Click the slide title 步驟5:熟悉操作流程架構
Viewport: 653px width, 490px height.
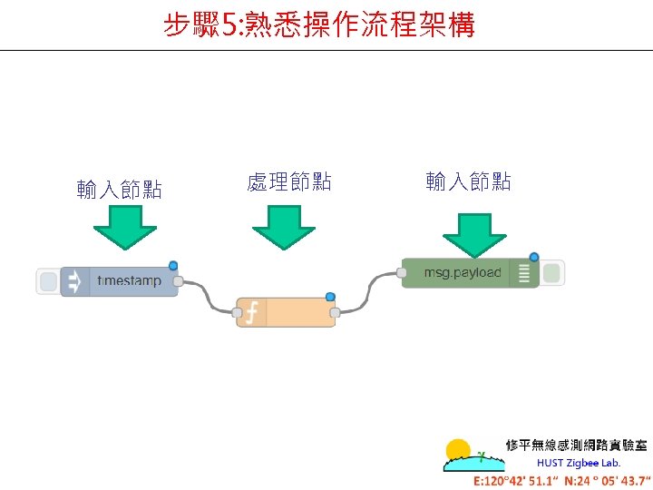(x=318, y=24)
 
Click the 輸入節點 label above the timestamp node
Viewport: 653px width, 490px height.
(x=120, y=189)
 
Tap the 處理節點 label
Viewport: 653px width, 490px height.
(x=289, y=181)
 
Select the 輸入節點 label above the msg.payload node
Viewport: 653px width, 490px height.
(x=469, y=181)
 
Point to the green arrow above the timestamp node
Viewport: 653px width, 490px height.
(x=125, y=227)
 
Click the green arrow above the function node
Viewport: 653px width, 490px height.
(x=283, y=227)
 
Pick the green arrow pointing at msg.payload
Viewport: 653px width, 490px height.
(x=474, y=234)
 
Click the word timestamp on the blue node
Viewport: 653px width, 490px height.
(x=129, y=281)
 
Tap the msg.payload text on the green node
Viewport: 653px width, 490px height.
(x=462, y=272)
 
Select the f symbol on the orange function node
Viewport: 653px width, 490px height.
(x=251, y=313)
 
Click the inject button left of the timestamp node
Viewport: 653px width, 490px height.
(x=48, y=281)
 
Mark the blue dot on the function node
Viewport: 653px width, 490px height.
(x=330, y=297)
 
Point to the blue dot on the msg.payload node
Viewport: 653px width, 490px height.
(x=534, y=257)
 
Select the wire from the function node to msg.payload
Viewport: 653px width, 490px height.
(x=367, y=290)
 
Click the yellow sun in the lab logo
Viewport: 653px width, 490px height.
(x=459, y=450)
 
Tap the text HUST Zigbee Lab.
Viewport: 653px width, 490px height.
(x=579, y=463)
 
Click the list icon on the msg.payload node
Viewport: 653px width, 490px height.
(x=523, y=273)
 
